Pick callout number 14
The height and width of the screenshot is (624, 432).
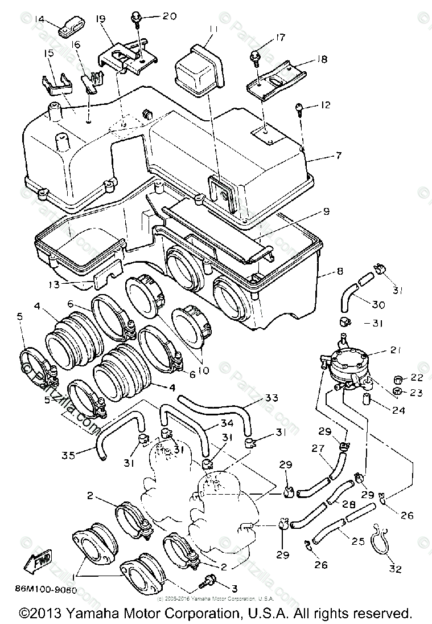click(x=39, y=19)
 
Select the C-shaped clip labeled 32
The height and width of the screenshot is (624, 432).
click(x=382, y=541)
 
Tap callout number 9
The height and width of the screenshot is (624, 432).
click(x=326, y=211)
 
